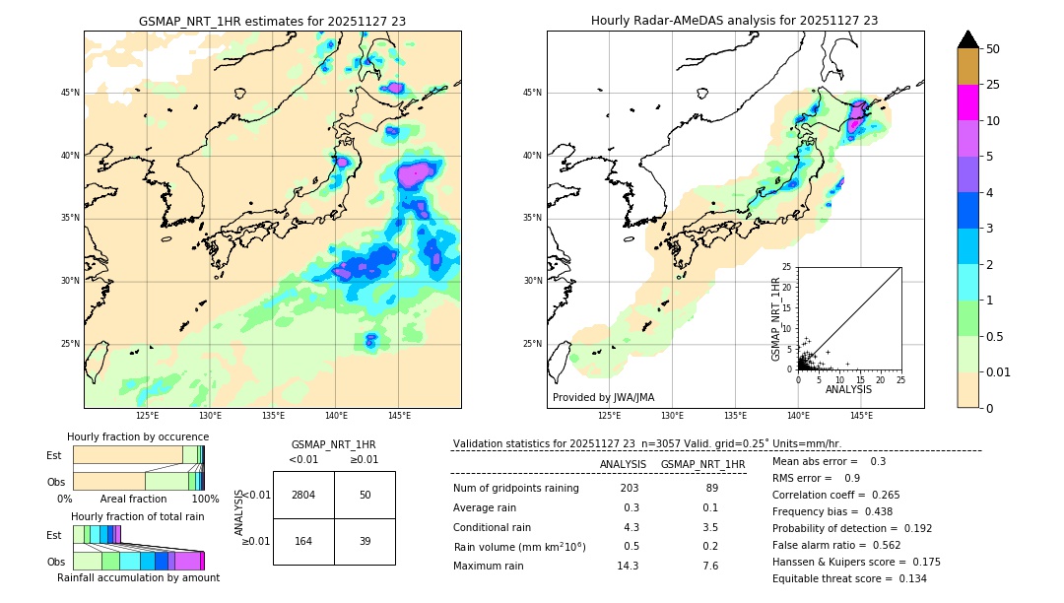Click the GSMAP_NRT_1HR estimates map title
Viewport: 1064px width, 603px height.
[x=272, y=21]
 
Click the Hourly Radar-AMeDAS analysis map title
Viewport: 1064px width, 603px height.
[x=734, y=21]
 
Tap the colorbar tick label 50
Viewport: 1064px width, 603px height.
[x=993, y=49]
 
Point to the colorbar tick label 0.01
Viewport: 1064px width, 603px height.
[x=999, y=372]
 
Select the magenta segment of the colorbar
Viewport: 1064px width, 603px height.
[x=967, y=102]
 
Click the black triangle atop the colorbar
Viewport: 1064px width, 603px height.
[x=967, y=39]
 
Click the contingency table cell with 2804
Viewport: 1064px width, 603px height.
[x=303, y=495]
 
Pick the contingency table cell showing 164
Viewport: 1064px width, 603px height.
[x=303, y=541]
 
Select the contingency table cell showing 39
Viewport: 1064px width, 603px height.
[x=365, y=541]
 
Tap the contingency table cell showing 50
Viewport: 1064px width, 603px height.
[x=365, y=495]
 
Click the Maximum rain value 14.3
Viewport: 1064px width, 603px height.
[x=628, y=566]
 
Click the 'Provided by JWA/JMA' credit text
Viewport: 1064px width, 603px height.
[x=603, y=397]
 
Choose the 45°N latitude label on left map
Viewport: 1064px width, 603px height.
[x=70, y=93]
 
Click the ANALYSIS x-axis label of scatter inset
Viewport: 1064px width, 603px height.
[x=848, y=389]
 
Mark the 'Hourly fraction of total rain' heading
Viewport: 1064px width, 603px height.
[x=138, y=516]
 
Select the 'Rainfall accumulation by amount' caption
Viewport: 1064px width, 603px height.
[x=139, y=577]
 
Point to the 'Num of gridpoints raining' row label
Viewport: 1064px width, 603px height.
[x=516, y=489]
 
